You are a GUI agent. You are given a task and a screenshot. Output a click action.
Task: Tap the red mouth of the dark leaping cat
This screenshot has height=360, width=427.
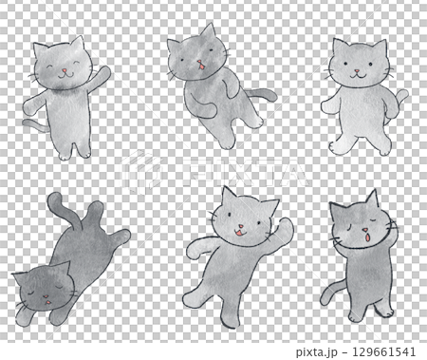pyautogui.click(x=200, y=66)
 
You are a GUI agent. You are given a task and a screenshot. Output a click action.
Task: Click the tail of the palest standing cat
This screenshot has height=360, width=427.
pyautogui.click(x=402, y=97)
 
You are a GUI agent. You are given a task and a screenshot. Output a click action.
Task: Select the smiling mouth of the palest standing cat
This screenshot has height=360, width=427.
pyautogui.click(x=358, y=75)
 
